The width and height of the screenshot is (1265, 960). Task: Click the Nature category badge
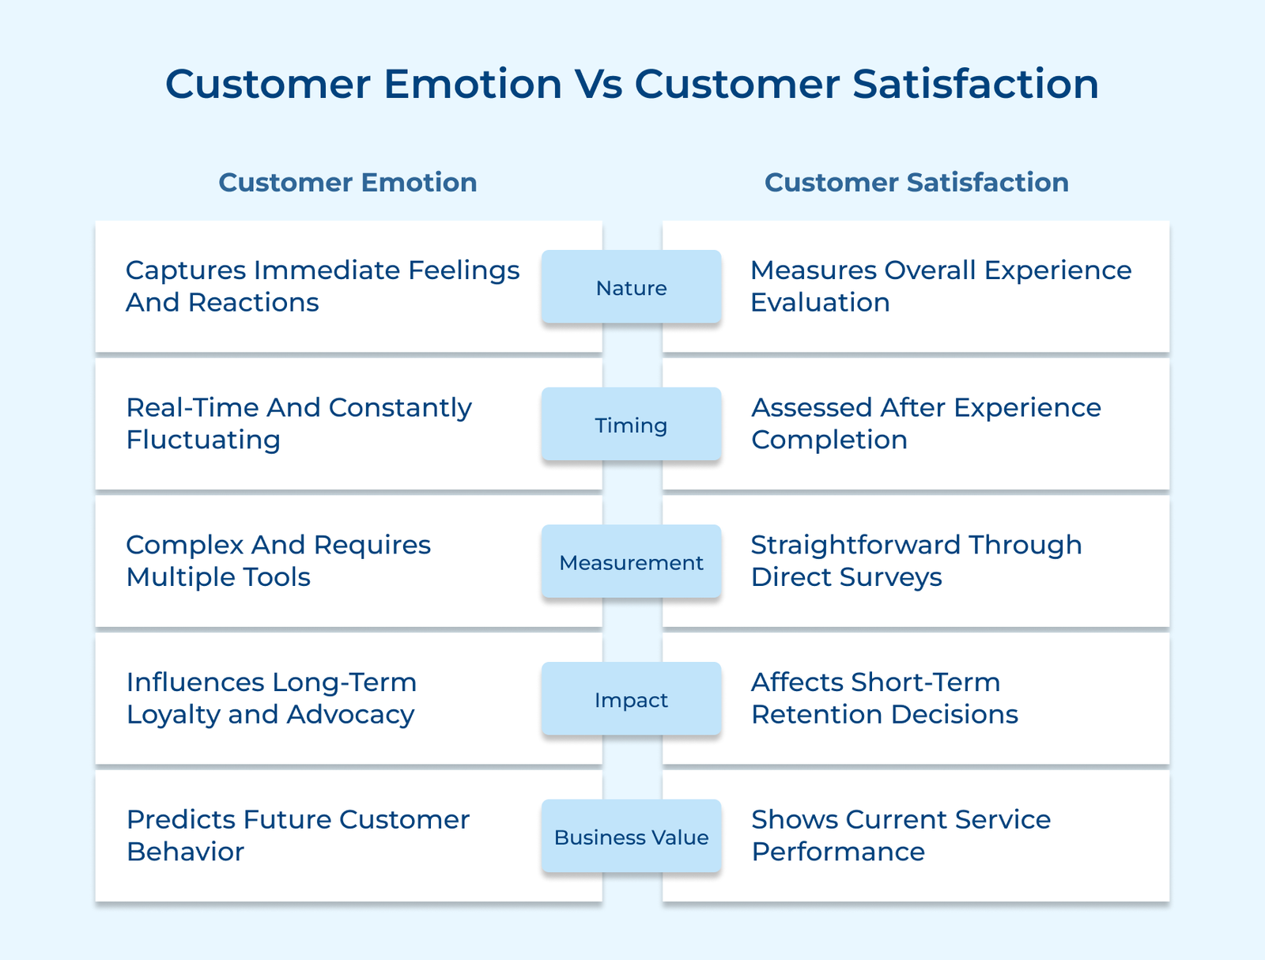pos(631,287)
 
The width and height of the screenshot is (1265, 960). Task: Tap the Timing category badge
pos(631,425)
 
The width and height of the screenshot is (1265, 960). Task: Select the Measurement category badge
pos(631,562)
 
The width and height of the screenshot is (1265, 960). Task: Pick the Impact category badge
pos(631,700)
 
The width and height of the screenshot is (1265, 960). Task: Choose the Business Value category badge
pos(631,837)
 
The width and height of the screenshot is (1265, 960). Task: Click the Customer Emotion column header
pos(348,182)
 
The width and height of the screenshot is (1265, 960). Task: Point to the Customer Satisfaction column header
pos(916,182)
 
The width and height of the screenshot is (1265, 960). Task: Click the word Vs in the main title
pos(598,84)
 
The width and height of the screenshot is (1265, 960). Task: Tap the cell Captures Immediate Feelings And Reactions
pos(323,286)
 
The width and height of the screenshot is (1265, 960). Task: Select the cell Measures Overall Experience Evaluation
pos(941,286)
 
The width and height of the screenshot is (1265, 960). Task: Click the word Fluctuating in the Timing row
pos(203,440)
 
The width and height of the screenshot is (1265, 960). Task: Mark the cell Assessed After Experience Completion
pos(925,424)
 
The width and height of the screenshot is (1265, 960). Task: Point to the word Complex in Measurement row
pos(183,545)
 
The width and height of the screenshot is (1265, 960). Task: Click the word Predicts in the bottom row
pos(180,820)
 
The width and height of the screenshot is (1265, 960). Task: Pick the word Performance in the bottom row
pos(838,852)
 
